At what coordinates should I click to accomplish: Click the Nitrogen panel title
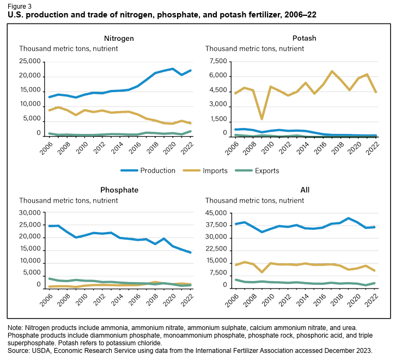119,38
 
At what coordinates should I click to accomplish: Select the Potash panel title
304,38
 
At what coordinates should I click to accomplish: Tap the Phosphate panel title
119,190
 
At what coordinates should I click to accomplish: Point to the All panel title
305,190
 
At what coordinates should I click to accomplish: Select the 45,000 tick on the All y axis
216,213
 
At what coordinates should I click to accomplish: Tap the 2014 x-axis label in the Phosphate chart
116,298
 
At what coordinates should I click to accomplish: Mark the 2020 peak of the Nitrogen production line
173,69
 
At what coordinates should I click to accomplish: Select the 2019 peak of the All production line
348,218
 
